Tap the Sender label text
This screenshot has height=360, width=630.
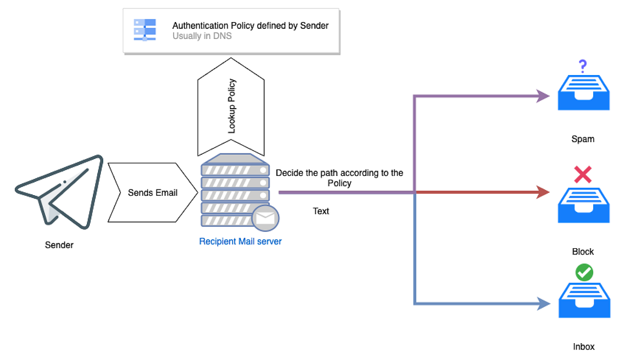tap(59, 245)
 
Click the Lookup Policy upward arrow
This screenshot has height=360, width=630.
tap(231, 107)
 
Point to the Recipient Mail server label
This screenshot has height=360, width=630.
tap(240, 242)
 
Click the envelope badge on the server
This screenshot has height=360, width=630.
tap(265, 218)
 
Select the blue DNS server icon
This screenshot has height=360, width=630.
tap(144, 30)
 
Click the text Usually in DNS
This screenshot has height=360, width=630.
tap(203, 36)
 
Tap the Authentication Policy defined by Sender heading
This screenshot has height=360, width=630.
tap(250, 26)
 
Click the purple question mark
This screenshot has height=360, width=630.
tap(582, 67)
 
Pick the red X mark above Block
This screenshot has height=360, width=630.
tap(583, 175)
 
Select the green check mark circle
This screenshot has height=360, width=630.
tap(584, 272)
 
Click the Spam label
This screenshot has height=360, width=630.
tap(583, 140)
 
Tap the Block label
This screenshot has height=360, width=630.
tap(583, 252)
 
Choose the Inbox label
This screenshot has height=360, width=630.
tap(584, 347)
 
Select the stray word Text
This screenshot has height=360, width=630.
tap(321, 211)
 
